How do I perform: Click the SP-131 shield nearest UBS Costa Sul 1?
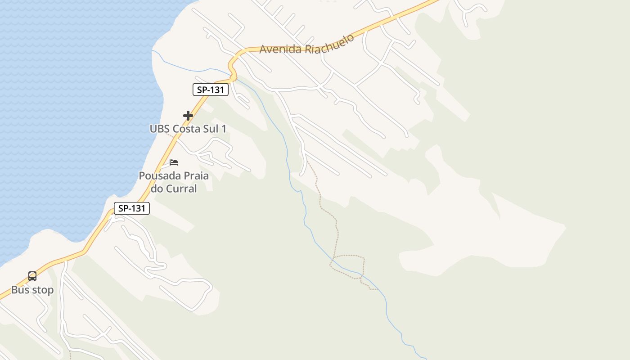click(211, 90)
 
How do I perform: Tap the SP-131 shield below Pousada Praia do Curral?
click(131, 208)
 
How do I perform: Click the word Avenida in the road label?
click(280, 49)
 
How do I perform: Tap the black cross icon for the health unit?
click(188, 116)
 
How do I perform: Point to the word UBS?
click(160, 129)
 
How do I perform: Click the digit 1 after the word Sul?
click(224, 129)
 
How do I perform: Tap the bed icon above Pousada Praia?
click(174, 162)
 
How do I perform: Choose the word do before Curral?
click(157, 189)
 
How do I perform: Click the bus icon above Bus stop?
click(32, 276)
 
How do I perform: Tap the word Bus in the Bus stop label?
click(20, 290)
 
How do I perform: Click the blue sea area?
click(67, 112)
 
